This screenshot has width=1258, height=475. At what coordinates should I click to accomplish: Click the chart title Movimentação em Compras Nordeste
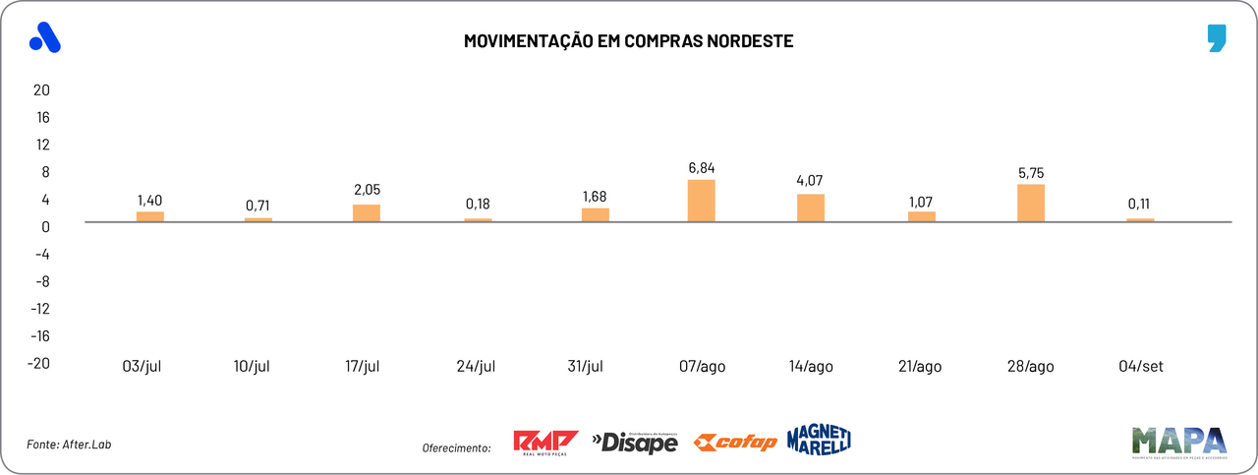point(628,41)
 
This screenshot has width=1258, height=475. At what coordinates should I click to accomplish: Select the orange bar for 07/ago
point(701,201)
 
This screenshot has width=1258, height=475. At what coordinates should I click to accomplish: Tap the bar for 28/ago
point(1031,204)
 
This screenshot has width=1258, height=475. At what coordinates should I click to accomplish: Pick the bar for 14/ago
point(811,208)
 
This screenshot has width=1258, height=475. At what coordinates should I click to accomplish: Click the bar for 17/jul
point(367,213)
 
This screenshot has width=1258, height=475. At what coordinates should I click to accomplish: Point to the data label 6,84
point(702,167)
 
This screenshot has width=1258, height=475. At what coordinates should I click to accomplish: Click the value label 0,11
point(1140,205)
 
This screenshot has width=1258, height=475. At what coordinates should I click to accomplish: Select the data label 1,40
point(150,200)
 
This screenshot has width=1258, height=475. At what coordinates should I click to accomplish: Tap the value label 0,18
point(479,205)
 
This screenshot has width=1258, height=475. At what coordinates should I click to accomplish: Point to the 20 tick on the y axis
point(41,89)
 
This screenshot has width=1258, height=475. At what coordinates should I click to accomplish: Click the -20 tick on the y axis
point(38,362)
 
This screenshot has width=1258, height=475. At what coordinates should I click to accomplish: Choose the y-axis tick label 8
point(44,171)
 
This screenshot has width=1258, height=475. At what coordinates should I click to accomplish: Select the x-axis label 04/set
point(1140,366)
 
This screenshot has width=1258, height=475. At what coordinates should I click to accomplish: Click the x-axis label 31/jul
point(585,366)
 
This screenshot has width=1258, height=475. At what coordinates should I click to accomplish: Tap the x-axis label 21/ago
point(920,366)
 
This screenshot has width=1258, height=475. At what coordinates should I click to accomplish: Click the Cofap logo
point(735,443)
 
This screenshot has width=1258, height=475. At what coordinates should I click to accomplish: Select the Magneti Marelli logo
point(819,440)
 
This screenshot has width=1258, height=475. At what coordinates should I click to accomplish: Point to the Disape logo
point(635,443)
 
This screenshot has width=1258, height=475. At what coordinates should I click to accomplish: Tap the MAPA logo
point(1178,443)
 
